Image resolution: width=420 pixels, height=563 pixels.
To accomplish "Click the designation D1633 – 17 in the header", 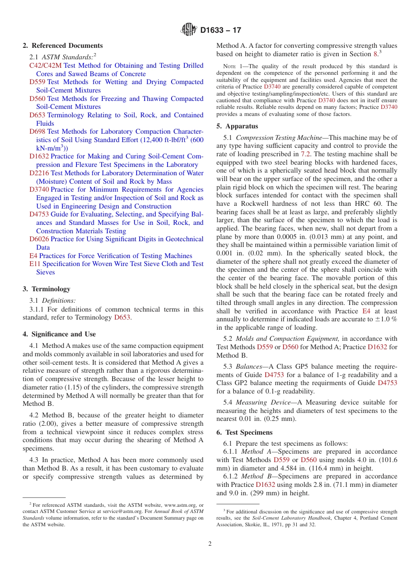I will (221, 31).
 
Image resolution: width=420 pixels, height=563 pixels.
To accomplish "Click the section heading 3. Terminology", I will (46, 289).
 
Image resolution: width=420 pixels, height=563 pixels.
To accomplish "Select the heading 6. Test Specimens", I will (244, 432).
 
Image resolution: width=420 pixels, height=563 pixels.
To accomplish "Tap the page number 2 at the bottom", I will (210, 544).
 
